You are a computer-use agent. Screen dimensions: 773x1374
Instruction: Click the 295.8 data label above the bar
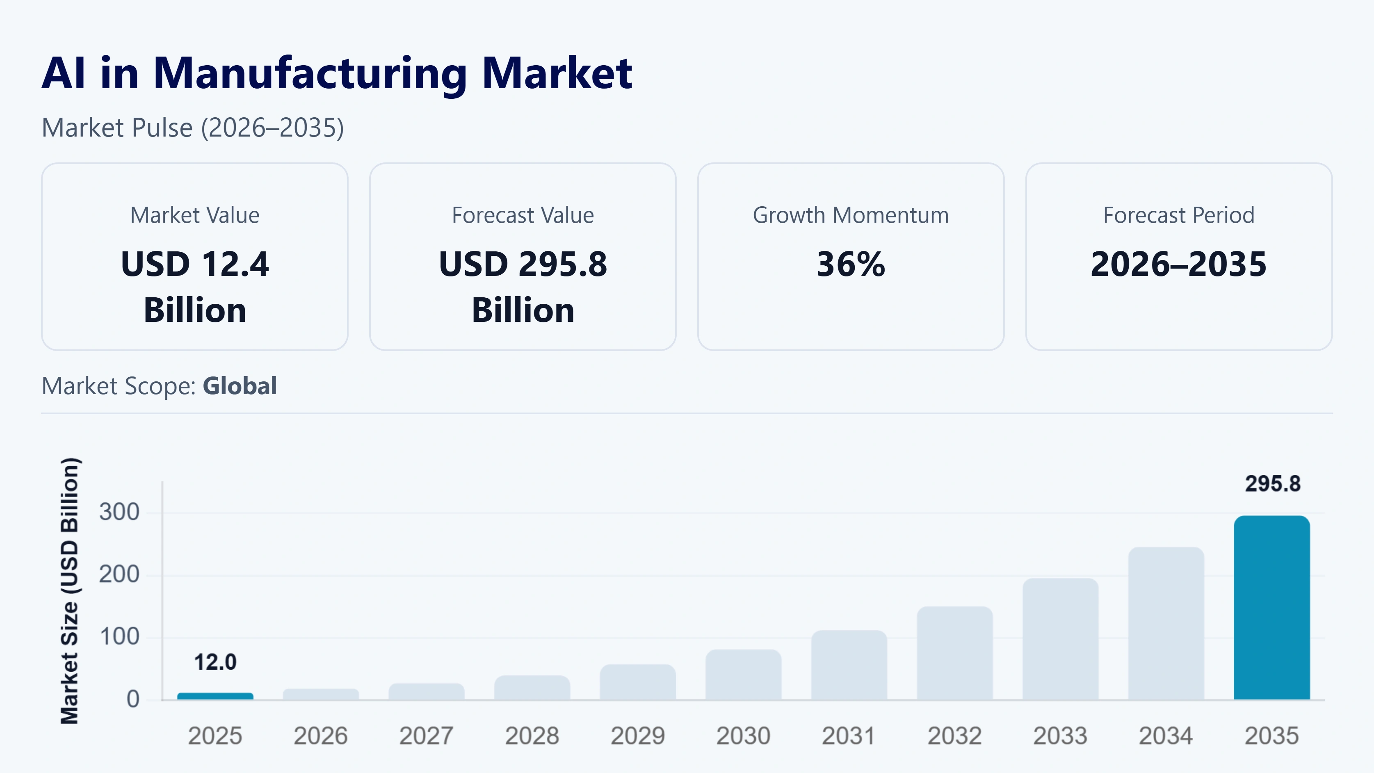[1273, 484]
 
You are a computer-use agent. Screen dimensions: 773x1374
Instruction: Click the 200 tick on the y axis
[119, 575]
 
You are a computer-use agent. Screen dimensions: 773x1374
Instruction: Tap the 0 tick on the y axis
[133, 699]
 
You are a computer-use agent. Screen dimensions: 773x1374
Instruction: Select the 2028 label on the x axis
[532, 736]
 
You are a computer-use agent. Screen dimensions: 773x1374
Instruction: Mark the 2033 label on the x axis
[1060, 736]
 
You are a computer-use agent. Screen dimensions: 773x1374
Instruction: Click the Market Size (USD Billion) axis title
[70, 591]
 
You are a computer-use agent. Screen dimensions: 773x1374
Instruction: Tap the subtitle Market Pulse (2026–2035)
[192, 128]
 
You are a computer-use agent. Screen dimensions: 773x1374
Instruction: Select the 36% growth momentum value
[851, 264]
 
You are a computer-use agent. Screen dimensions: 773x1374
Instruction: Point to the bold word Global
[240, 386]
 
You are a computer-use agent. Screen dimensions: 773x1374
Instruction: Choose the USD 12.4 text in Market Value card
[195, 264]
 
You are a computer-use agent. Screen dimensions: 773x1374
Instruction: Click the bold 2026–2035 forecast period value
[1178, 264]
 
